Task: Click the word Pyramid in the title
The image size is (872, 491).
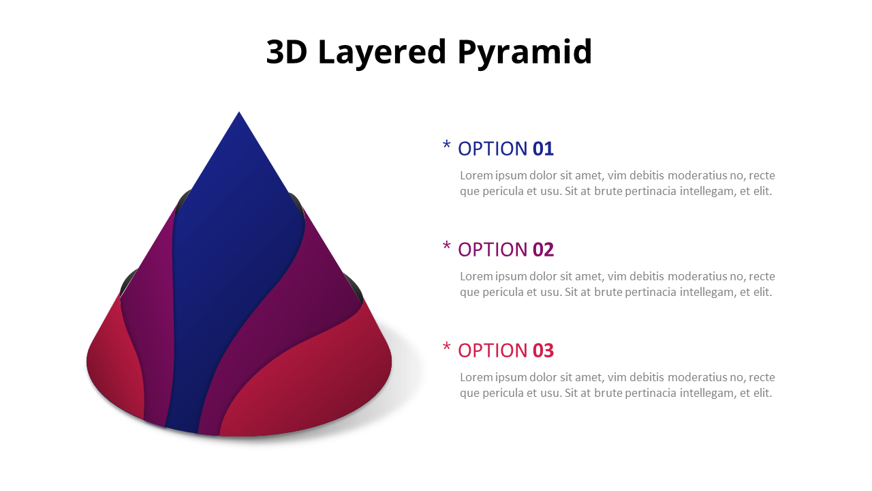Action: tap(525, 53)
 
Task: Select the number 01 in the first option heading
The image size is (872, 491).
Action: tap(543, 149)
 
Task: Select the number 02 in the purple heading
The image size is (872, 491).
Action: tap(543, 250)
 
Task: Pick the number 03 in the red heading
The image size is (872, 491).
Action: tap(543, 351)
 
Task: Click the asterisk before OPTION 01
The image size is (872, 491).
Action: tap(446, 145)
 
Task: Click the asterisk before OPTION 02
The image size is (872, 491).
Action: tap(446, 246)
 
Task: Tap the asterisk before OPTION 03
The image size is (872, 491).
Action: tap(446, 347)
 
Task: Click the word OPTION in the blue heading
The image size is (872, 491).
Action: tap(493, 149)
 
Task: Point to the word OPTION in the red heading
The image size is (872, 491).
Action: tap(493, 351)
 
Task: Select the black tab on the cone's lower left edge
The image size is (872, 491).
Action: tap(127, 284)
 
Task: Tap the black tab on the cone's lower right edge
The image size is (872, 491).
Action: tap(354, 286)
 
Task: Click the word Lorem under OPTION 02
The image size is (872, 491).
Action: tap(476, 276)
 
